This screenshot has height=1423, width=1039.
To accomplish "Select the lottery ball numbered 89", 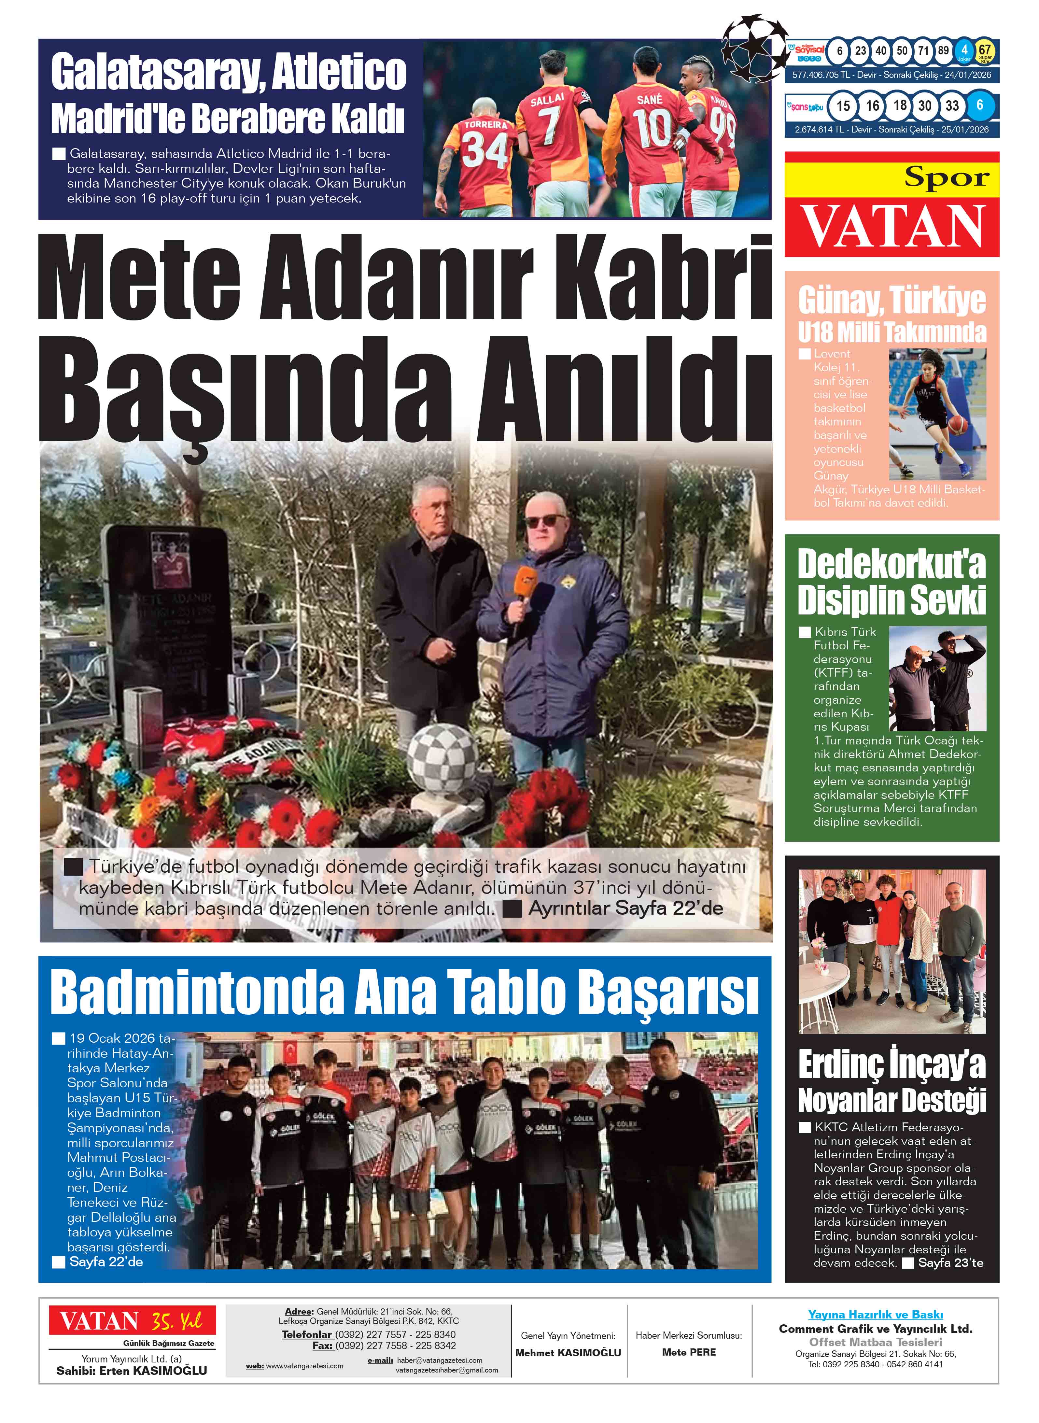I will coord(943,51).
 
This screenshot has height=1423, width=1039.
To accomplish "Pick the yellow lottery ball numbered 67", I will coord(984,50).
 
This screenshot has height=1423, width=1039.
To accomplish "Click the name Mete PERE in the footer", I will coord(689,1352).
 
